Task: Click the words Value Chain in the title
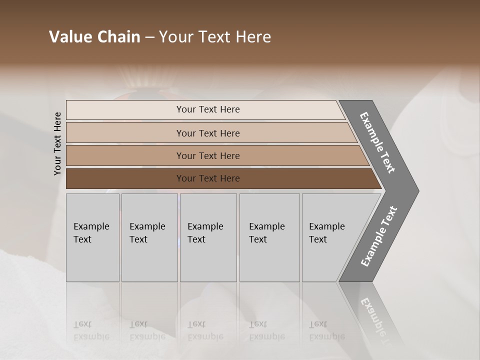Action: pos(94,37)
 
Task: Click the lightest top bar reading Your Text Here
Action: pos(207,109)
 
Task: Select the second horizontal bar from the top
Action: pos(207,133)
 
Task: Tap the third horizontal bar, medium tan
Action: pos(207,155)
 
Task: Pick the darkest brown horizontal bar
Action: pos(207,178)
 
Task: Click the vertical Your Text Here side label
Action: pos(57,143)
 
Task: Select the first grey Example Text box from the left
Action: pos(92,237)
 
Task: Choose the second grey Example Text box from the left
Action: pos(149,237)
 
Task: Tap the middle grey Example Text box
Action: pos(208,237)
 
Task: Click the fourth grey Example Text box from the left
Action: pos(269,237)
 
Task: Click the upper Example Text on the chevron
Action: pos(377,142)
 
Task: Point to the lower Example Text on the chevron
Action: pos(378,236)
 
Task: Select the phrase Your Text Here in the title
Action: pos(215,37)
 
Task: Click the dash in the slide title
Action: pos(149,37)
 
